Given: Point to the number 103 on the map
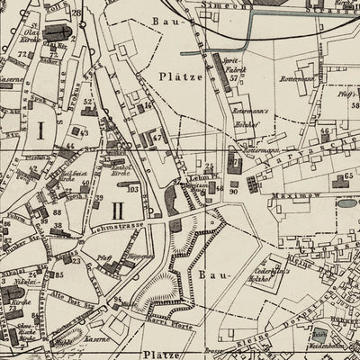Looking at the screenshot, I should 132,190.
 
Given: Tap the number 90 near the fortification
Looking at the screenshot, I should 233,192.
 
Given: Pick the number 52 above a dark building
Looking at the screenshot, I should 88,103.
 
